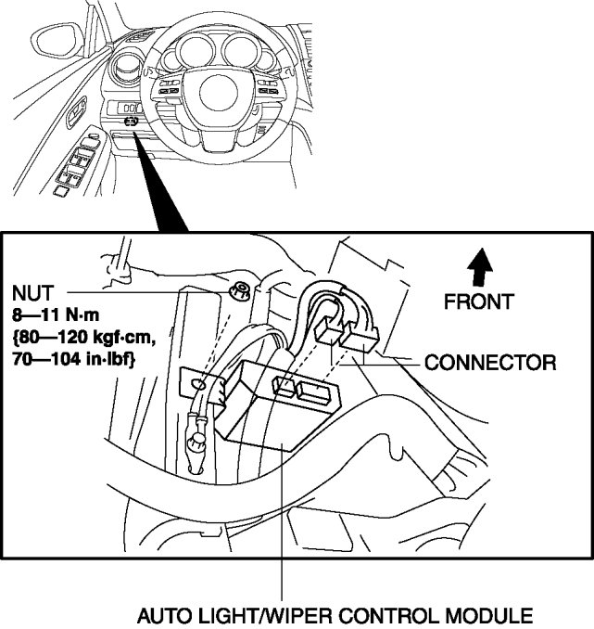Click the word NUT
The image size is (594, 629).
(x=32, y=293)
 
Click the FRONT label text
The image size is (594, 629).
(x=479, y=302)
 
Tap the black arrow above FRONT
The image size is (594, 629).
(x=480, y=267)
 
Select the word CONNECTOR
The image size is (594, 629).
(x=490, y=363)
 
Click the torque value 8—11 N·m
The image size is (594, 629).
(x=56, y=315)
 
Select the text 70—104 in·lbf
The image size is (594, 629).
(x=73, y=359)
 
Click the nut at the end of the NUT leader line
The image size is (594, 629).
(x=240, y=290)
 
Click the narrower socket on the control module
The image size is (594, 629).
(x=284, y=387)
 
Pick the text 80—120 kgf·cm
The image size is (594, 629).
(x=83, y=338)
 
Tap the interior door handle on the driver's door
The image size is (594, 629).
(x=76, y=111)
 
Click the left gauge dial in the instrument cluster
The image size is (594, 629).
(x=196, y=51)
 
